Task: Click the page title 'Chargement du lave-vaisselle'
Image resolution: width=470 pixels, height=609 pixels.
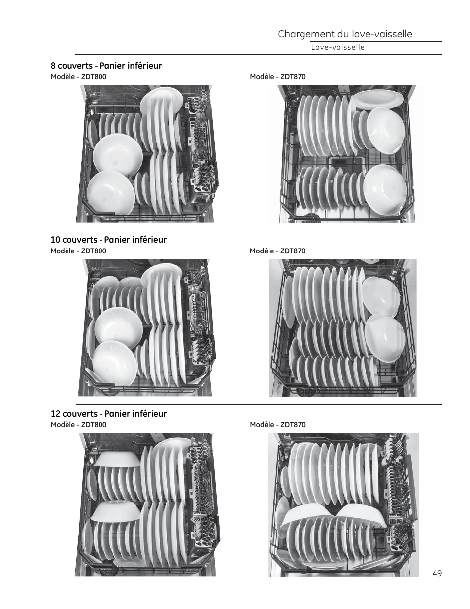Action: (x=345, y=34)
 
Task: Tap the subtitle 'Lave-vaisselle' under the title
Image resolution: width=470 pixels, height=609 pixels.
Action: (x=337, y=47)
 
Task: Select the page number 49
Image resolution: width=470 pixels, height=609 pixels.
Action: (x=437, y=573)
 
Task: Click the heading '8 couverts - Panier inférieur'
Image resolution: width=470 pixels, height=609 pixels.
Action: (x=106, y=66)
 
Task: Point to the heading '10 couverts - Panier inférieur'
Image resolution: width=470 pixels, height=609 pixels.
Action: (x=108, y=240)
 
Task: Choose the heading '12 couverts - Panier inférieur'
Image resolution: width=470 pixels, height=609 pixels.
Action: (x=108, y=414)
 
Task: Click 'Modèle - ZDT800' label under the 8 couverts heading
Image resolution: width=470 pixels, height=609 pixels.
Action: (x=78, y=77)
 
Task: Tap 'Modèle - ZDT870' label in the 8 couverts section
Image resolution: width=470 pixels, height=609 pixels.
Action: (x=278, y=77)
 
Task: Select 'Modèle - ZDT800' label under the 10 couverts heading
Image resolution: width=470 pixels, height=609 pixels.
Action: (x=78, y=251)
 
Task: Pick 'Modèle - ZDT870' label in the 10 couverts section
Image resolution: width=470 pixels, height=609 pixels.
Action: (x=278, y=251)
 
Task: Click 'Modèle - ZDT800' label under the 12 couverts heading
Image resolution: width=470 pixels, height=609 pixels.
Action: (x=78, y=425)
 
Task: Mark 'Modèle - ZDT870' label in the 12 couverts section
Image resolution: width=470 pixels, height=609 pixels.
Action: (x=278, y=425)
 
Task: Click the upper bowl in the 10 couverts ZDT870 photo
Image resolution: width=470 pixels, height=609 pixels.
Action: (x=381, y=296)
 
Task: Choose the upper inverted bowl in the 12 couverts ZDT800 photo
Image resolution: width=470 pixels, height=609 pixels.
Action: (x=117, y=459)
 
